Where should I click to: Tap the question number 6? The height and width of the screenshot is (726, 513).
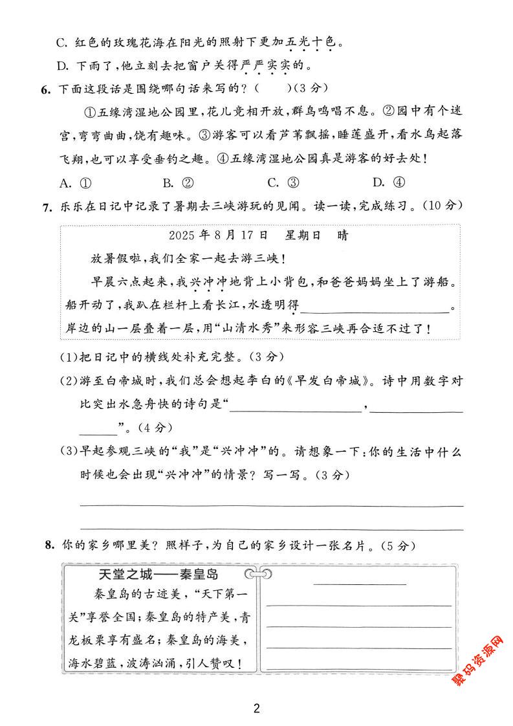(45, 89)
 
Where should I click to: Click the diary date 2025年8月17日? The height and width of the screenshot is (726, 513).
(217, 236)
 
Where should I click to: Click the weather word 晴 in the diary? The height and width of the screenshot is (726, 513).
(342, 236)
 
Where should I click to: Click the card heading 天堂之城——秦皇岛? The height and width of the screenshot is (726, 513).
(158, 574)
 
